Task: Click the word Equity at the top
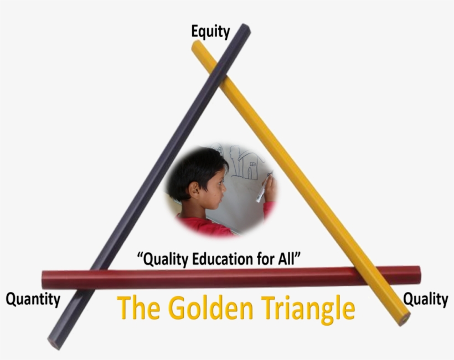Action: pyautogui.click(x=210, y=32)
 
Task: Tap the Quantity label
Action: pyautogui.click(x=33, y=300)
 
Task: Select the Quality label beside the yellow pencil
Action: pyautogui.click(x=425, y=300)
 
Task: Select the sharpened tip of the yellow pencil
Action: pyautogui.click(x=404, y=319)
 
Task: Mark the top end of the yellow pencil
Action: pyautogui.click(x=196, y=44)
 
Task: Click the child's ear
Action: pyautogui.click(x=194, y=190)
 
